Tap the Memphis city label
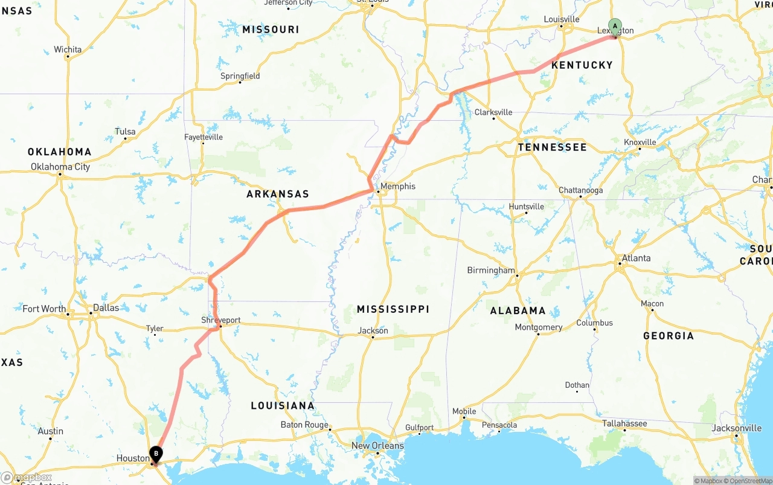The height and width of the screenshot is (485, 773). coord(398,187)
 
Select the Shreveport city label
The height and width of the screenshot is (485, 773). coord(221,320)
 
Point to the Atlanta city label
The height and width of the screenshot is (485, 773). coord(637,258)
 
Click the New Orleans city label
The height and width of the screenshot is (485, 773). coord(378,446)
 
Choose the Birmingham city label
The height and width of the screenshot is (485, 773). coord(491,270)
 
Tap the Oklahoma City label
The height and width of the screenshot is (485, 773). coord(60,167)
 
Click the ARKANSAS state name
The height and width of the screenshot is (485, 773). coord(278,194)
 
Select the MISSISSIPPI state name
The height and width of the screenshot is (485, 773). coord(393,309)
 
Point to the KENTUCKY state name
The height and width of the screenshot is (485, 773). coord(582,65)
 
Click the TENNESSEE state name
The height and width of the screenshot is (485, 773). coord(552,147)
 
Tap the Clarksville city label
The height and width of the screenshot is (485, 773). coord(493,112)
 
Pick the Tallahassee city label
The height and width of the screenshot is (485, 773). coord(624,423)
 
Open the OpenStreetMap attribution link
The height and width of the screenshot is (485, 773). coord(749,481)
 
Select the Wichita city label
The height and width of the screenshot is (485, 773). coord(68,50)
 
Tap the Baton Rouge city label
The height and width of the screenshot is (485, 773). coord(305,425)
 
